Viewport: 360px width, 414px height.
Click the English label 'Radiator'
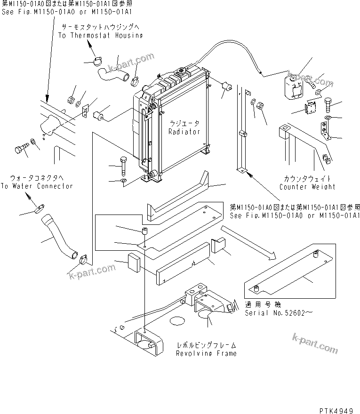click(184, 132)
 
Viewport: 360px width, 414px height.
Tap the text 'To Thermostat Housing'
click(100, 35)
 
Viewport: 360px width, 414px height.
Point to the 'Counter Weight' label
click(307, 187)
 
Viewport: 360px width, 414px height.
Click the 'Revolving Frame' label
click(206, 353)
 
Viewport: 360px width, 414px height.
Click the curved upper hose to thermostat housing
click(113, 73)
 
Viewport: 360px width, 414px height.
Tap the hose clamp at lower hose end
click(84, 257)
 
